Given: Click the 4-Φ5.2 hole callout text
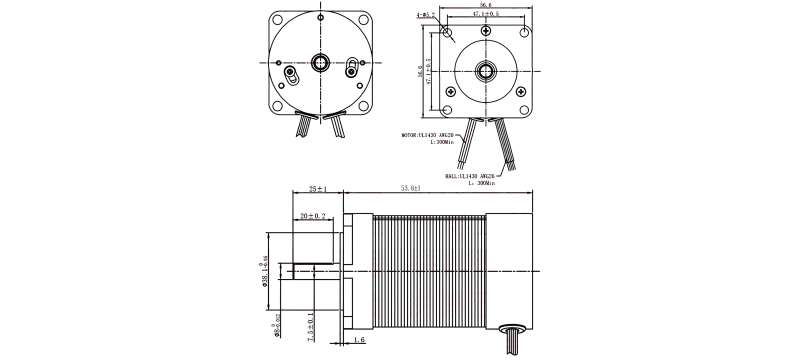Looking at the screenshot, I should tap(424, 16).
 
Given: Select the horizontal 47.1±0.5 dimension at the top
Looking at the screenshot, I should tap(487, 15).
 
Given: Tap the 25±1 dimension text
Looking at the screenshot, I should tap(318, 189).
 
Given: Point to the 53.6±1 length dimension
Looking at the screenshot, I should tap(410, 188).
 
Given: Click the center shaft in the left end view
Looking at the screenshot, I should tap(322, 62).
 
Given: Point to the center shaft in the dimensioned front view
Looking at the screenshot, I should tap(487, 71).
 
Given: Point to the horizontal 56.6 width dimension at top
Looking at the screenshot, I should tap(486, 5).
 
